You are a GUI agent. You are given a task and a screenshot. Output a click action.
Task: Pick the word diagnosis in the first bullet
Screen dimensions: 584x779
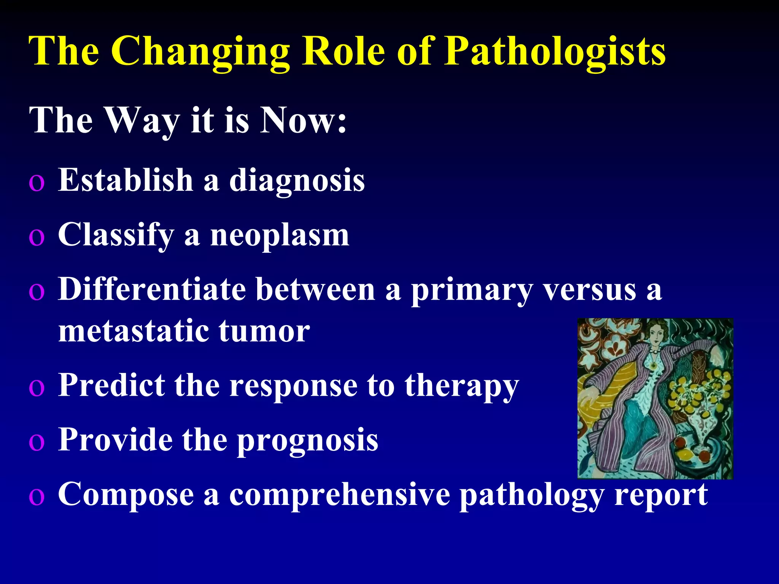(297, 181)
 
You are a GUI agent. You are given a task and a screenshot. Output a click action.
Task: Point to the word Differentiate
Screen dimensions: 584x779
(152, 290)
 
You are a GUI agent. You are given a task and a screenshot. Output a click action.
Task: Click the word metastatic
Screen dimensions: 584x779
(134, 331)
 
